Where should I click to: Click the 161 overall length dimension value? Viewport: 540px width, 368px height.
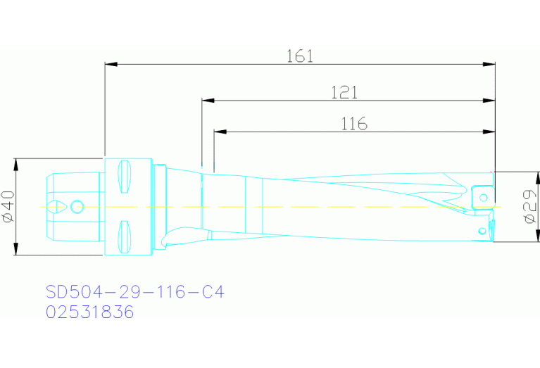tap(300, 56)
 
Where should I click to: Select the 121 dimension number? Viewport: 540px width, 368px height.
tap(344, 91)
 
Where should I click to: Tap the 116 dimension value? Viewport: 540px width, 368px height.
tap(354, 124)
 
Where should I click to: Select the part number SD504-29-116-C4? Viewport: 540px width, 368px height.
tap(134, 291)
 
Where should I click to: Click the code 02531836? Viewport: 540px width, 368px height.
tap(89, 312)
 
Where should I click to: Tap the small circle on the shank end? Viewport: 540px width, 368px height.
tap(77, 206)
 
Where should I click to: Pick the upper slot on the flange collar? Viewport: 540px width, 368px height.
tap(125, 176)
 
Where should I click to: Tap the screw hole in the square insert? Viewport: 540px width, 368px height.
tap(484, 197)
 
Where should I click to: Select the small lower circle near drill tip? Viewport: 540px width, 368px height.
tap(483, 229)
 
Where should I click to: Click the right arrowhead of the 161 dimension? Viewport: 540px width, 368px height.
tap(491, 65)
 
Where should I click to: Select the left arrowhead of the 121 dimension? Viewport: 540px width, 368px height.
tap(207, 100)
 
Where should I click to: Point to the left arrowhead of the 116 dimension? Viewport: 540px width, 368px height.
tap(218, 132)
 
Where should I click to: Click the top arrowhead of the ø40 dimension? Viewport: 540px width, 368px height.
tap(15, 163)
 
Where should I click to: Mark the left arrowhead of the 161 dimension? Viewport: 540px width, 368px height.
tap(109, 65)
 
